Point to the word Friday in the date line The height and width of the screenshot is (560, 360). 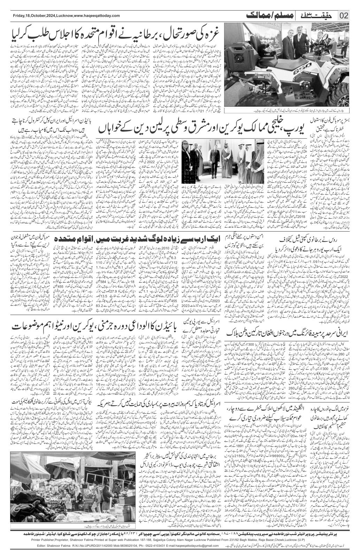(18, 16)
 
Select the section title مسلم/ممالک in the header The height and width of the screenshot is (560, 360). (265, 15)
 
